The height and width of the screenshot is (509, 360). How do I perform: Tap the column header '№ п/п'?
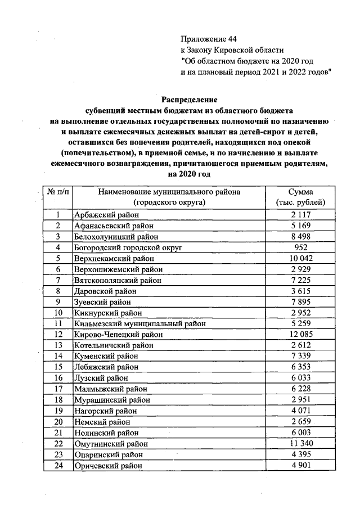point(58,192)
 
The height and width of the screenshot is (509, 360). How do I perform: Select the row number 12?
point(58,334)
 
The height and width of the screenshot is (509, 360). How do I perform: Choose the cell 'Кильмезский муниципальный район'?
point(139,323)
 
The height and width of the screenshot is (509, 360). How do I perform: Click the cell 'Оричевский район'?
point(108,466)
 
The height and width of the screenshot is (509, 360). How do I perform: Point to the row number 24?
point(58,466)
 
